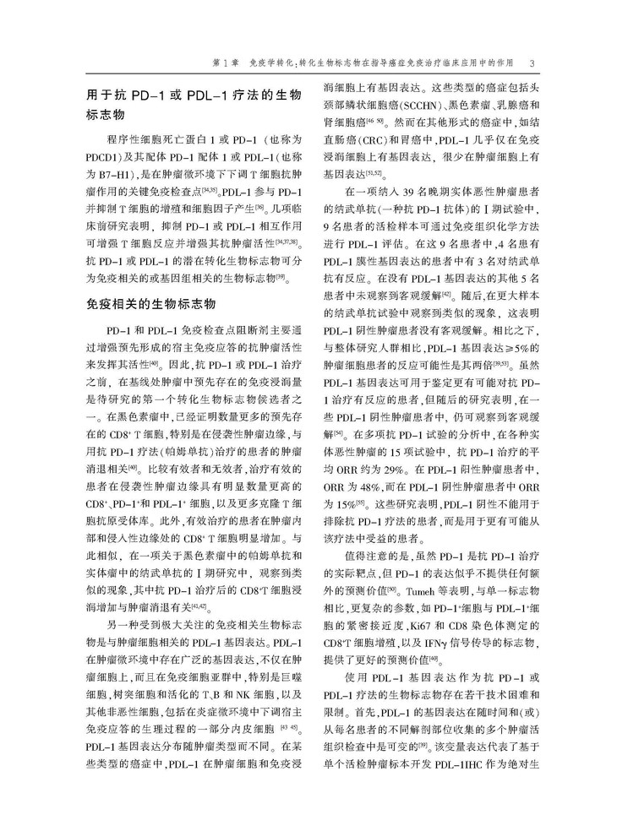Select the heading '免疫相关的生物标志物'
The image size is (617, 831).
point(151,303)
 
